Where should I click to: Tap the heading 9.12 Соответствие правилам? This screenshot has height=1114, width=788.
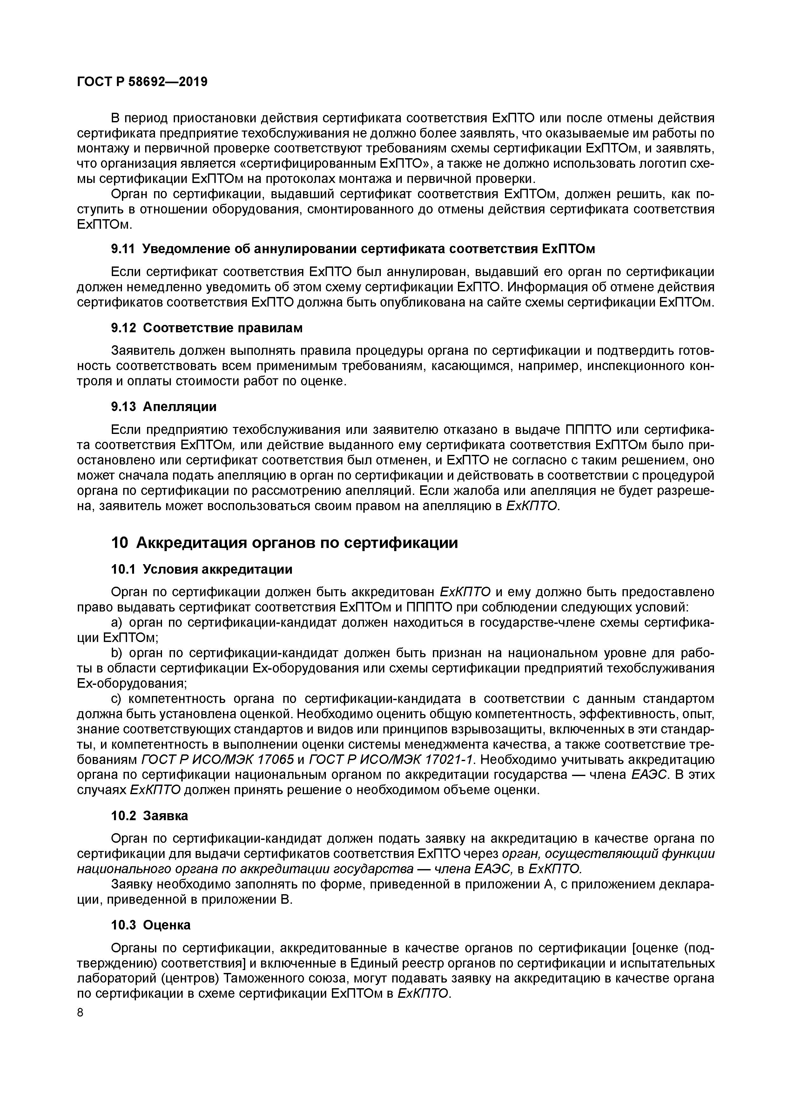pos(207,328)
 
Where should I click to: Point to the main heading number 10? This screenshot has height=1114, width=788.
pos(119,543)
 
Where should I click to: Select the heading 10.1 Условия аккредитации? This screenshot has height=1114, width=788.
pos(202,569)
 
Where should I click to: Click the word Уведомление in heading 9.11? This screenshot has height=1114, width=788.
pos(186,249)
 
